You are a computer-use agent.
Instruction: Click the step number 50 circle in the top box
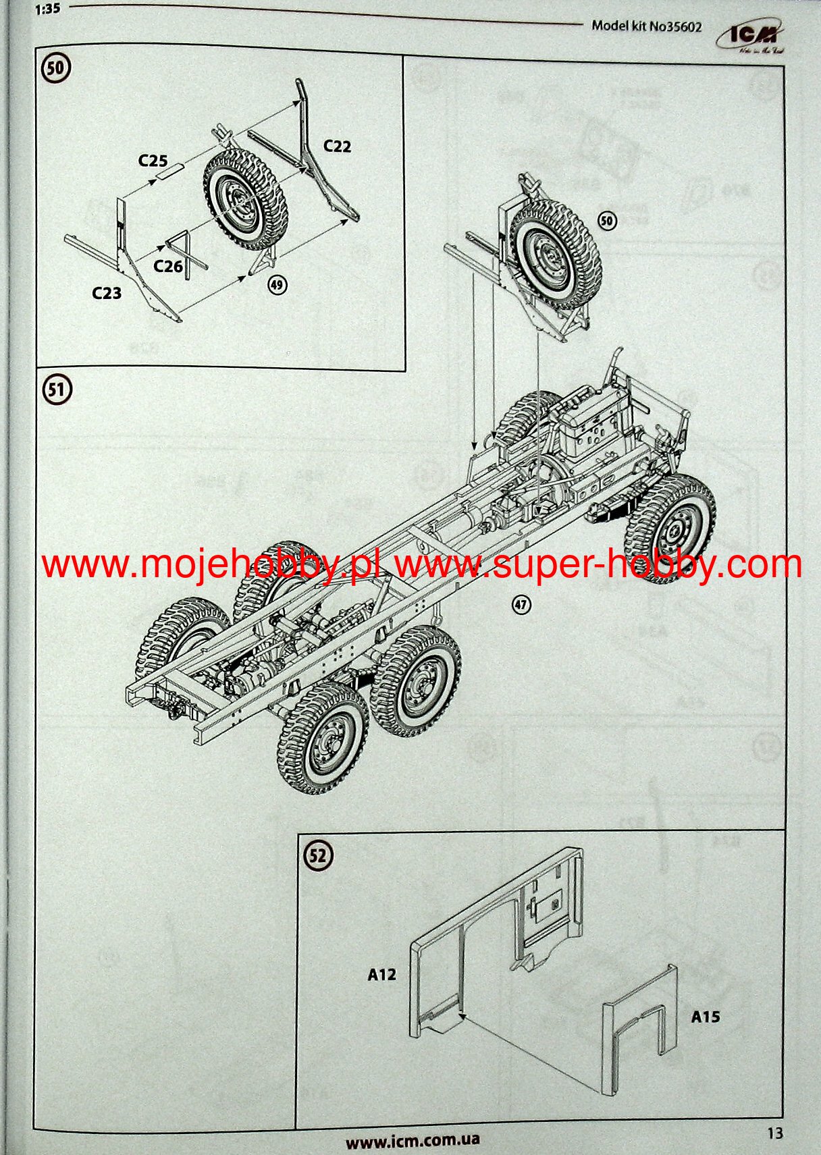click(56, 68)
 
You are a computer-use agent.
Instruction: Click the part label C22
click(337, 146)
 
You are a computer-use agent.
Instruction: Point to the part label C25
click(153, 161)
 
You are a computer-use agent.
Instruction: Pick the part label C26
click(168, 266)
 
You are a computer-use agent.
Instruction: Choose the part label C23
click(107, 293)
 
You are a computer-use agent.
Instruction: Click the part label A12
click(381, 974)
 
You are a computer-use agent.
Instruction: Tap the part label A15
click(706, 1016)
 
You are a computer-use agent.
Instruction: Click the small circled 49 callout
click(277, 285)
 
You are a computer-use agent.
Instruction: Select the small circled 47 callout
click(521, 604)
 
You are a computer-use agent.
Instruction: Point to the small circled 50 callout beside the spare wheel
click(608, 221)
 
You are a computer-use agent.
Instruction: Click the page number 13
click(775, 1133)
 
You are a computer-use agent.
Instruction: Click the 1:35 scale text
click(47, 9)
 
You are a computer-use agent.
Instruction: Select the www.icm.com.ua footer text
click(413, 1140)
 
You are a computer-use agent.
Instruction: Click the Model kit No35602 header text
click(646, 26)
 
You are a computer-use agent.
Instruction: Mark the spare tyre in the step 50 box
click(245, 198)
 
